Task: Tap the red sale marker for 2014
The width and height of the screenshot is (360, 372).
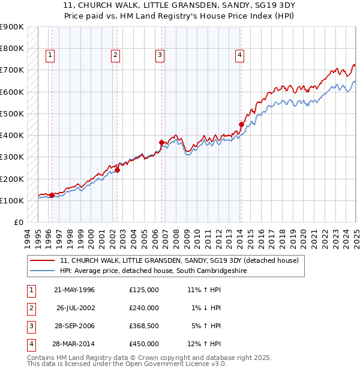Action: pos(241,125)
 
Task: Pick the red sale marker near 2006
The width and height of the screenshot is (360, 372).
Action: pos(161,142)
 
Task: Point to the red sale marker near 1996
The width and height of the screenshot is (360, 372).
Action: pos(52,195)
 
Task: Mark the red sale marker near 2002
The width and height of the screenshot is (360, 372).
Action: pos(118,170)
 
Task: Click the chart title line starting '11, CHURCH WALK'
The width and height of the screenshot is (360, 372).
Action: pos(180,9)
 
